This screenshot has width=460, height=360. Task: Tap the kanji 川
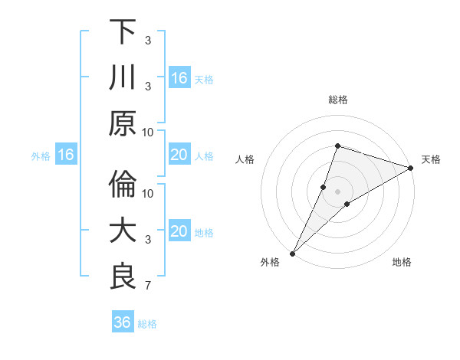click(123, 77)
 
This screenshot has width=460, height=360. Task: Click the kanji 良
click(123, 277)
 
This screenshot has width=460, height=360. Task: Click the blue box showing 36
click(123, 322)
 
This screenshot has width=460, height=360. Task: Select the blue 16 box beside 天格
click(179, 77)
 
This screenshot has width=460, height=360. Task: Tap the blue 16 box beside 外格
click(66, 155)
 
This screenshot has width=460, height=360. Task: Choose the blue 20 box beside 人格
click(179, 155)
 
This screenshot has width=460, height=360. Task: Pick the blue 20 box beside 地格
click(179, 231)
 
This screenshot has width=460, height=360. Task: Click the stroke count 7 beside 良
click(147, 286)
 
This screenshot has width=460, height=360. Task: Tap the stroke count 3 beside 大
click(147, 240)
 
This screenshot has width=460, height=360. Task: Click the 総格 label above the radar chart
click(337, 100)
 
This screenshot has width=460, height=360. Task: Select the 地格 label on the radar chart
click(402, 262)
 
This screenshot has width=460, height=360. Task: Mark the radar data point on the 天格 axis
click(411, 169)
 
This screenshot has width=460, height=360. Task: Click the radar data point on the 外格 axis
click(293, 252)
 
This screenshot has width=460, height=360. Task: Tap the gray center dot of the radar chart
click(337, 191)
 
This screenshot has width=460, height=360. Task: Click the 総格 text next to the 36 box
click(147, 323)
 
